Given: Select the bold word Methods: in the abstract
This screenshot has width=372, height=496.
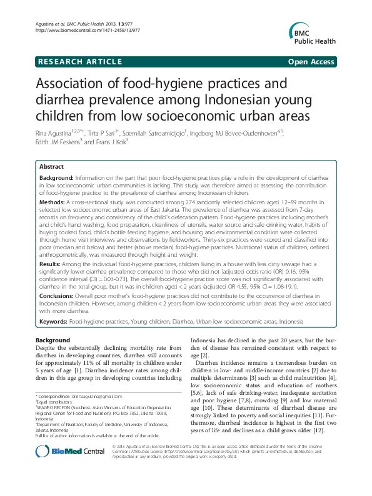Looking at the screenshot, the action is [x=55, y=203].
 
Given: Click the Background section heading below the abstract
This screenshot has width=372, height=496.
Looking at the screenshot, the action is [x=53, y=340].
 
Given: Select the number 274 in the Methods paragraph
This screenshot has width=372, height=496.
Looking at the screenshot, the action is [x=160, y=203].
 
